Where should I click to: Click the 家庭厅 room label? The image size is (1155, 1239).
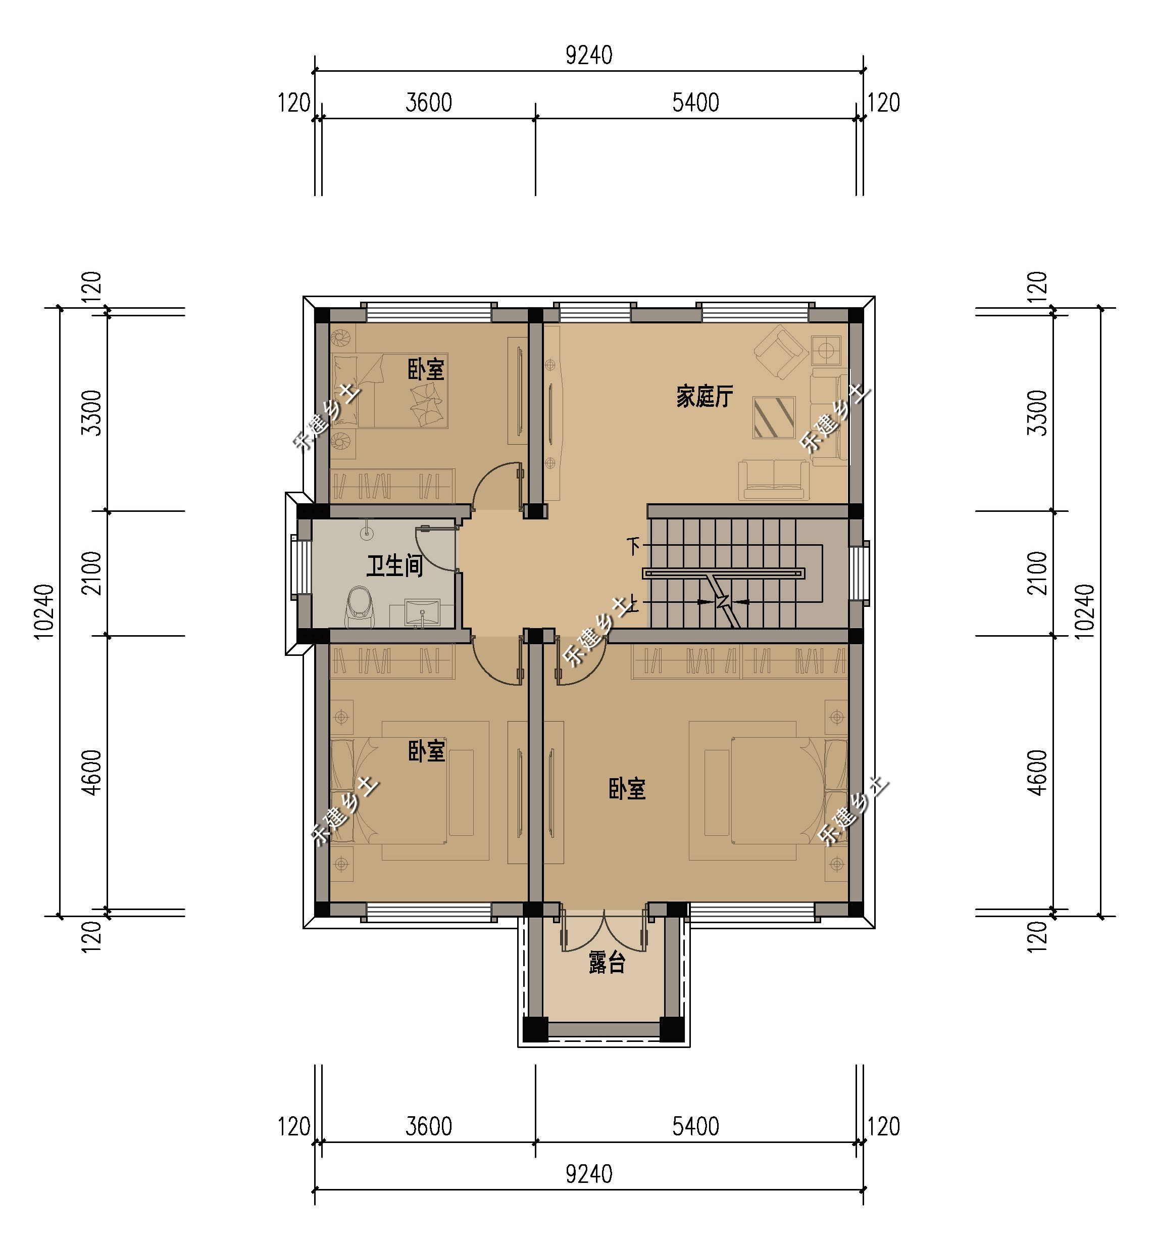click(704, 396)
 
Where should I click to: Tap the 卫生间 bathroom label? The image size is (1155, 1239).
click(394, 566)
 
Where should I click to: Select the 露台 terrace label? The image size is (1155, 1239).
click(606, 963)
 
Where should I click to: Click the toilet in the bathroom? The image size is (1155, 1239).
click(360, 606)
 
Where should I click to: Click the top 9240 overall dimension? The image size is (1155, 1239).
click(589, 56)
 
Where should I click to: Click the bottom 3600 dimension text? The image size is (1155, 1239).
click(429, 1127)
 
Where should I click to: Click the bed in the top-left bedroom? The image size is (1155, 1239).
click(390, 391)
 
